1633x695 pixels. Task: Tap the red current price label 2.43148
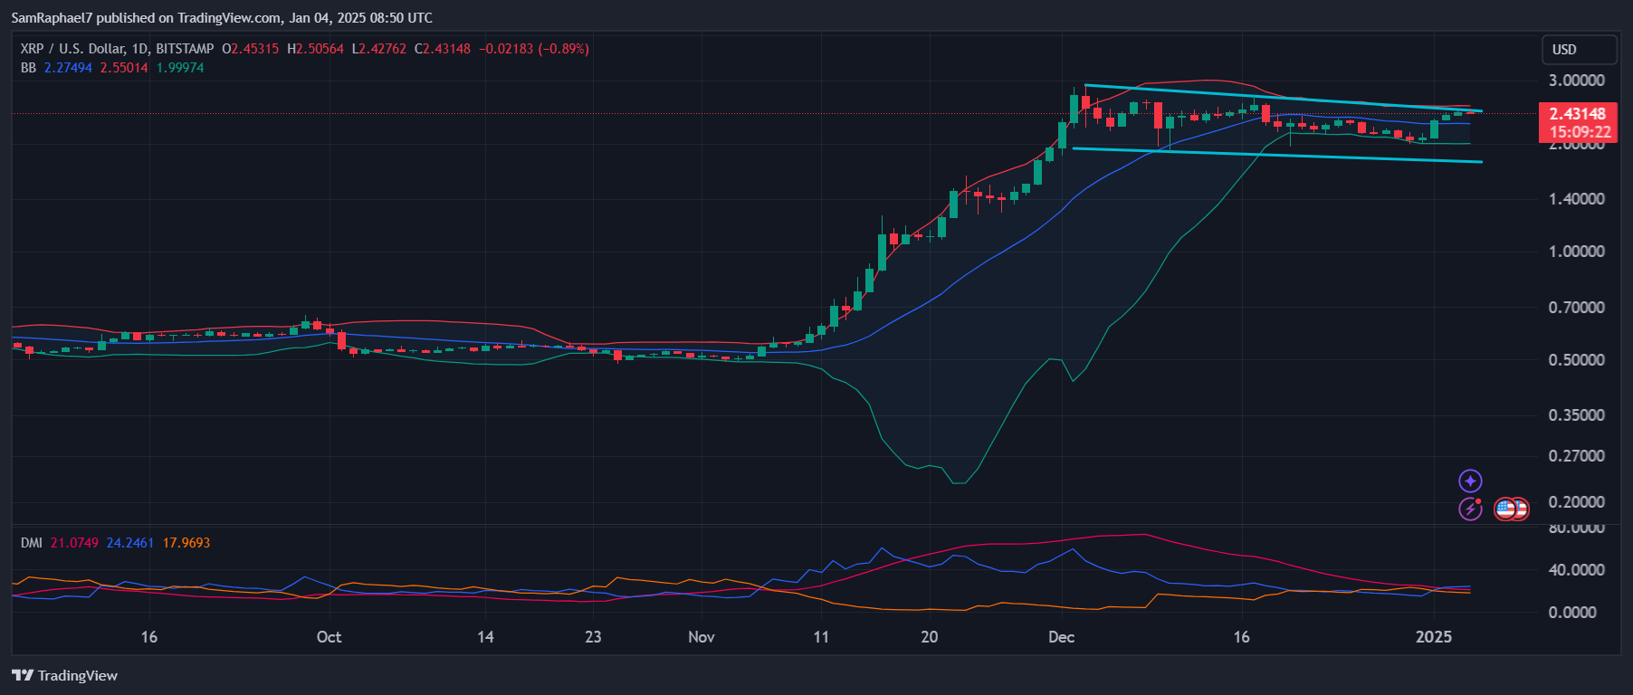tap(1578, 114)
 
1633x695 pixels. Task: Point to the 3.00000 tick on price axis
tap(1576, 81)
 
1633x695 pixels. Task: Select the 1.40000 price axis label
tap(1576, 199)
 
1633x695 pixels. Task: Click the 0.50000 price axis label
tap(1576, 360)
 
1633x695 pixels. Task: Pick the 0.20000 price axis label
tap(1576, 502)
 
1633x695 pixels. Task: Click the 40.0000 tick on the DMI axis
tap(1576, 570)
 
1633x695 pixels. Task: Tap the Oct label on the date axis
tap(329, 637)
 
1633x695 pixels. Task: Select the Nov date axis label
tap(701, 637)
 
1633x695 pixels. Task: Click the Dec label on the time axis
tap(1061, 637)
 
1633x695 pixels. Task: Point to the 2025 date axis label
tap(1433, 637)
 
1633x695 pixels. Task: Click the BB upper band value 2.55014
tap(124, 68)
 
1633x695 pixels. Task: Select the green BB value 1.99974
tap(180, 68)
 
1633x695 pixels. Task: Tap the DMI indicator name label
tap(32, 543)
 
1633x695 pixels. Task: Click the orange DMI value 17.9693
tap(186, 543)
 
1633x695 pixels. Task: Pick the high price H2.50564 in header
tap(315, 49)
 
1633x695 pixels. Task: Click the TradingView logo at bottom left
tap(65, 676)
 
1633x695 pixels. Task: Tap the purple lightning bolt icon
tap(1470, 509)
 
